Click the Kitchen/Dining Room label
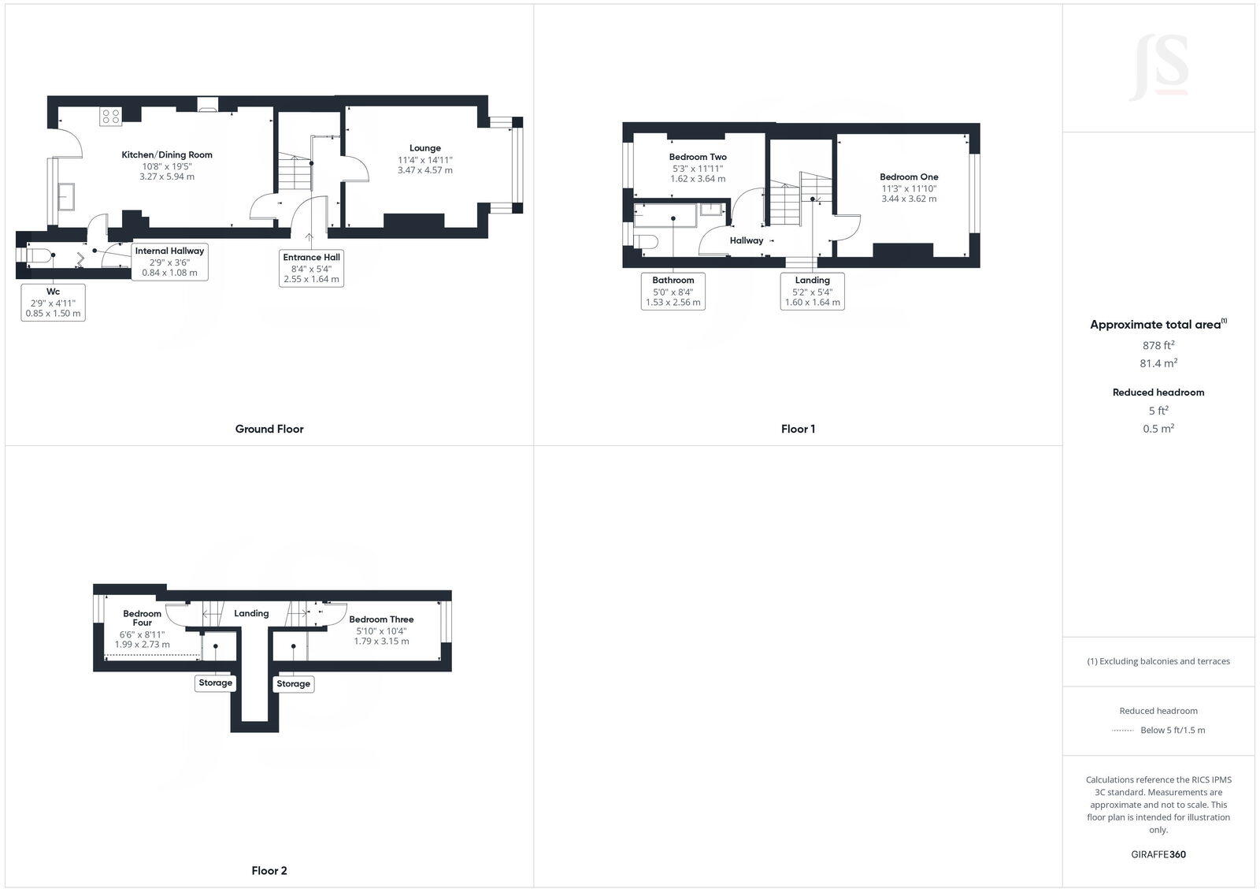click(x=167, y=155)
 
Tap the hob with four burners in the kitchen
click(x=110, y=117)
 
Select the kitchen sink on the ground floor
click(x=65, y=196)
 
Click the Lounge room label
click(x=425, y=148)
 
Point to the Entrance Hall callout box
click(x=312, y=268)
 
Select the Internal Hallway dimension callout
click(x=169, y=262)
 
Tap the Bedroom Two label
click(x=698, y=157)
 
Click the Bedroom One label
click(x=909, y=177)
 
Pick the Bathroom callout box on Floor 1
click(x=673, y=291)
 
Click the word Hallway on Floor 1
click(x=746, y=240)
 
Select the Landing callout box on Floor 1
click(x=812, y=291)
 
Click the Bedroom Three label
click(x=381, y=619)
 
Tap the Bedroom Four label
click(x=142, y=618)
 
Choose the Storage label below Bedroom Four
click(x=215, y=683)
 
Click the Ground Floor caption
click(x=269, y=429)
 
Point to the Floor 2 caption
click(x=269, y=870)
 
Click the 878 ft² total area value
click(x=1158, y=345)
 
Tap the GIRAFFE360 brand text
click(x=1158, y=854)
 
